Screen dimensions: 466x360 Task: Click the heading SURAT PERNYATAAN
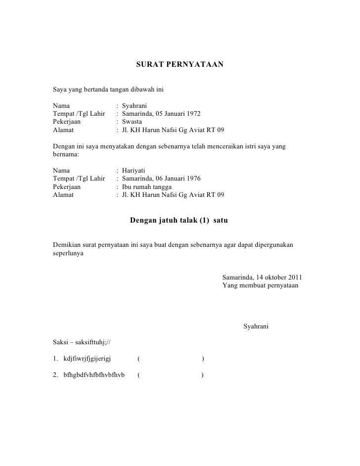coord(180,65)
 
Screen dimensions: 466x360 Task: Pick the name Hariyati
coord(133,170)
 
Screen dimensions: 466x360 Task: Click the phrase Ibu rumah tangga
coord(147,186)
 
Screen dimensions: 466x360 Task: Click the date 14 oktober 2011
coord(281,277)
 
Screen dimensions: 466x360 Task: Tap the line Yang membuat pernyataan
coord(261,285)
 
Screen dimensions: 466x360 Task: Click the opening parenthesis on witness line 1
coord(138,358)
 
